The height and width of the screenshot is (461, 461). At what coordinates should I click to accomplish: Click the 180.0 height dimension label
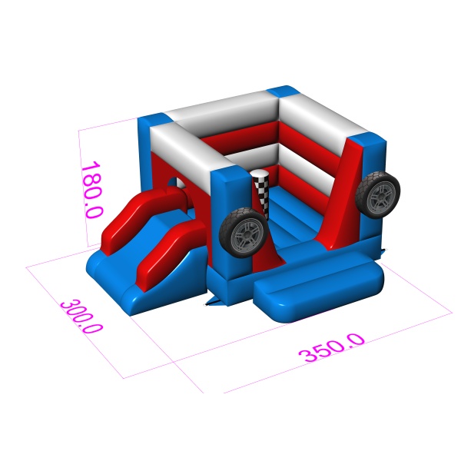tap(92, 190)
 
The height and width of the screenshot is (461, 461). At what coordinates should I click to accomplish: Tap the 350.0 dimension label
tap(332, 348)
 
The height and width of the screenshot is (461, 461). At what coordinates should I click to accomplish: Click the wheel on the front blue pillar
tap(243, 233)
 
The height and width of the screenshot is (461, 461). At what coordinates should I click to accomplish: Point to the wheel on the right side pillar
tap(378, 195)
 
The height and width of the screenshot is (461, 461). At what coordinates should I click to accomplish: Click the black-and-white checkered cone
tap(262, 193)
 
